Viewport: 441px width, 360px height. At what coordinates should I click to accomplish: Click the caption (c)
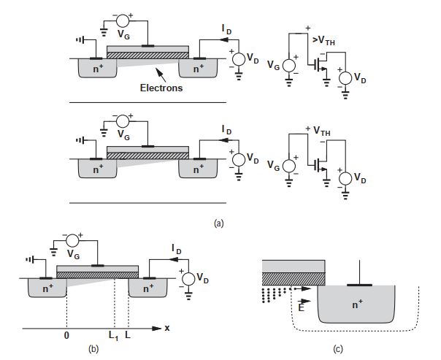(337, 349)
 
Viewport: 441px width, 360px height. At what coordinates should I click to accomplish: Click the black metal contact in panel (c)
(359, 283)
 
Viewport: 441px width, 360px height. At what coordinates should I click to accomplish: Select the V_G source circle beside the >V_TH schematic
(288, 65)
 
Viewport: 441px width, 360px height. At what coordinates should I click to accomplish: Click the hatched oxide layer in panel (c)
(293, 278)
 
